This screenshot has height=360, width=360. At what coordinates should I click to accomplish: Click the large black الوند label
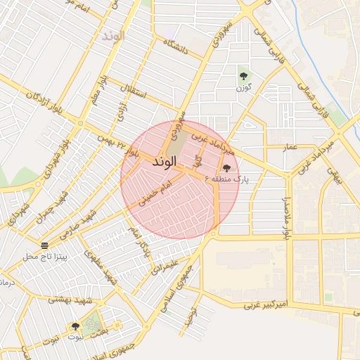[167, 162]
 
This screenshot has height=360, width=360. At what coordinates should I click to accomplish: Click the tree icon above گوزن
[243, 75]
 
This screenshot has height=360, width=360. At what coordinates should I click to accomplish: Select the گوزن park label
[244, 87]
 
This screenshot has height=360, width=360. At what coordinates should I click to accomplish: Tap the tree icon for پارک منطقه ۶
[226, 168]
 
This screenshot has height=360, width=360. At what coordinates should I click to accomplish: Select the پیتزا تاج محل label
[44, 257]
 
